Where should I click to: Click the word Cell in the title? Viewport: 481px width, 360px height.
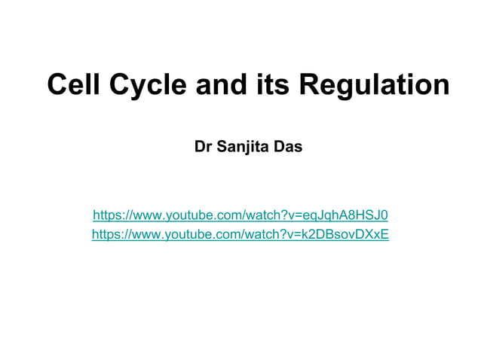pyautogui.click(x=74, y=84)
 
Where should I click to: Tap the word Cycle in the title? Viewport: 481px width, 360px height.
pyautogui.click(x=149, y=84)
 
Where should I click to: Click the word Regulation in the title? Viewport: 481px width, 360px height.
pyautogui.click(x=374, y=84)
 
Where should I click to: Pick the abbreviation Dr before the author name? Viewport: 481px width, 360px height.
pyautogui.click(x=203, y=146)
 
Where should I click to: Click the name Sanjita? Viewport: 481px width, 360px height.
pyautogui.click(x=245, y=146)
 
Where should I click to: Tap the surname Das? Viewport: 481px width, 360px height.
pyautogui.click(x=290, y=146)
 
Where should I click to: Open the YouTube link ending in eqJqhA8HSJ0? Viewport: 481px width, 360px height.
pyautogui.click(x=240, y=215)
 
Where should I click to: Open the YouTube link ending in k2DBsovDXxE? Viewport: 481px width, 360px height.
pyautogui.click(x=240, y=234)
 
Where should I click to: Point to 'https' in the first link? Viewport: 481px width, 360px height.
pyautogui.click(x=106, y=215)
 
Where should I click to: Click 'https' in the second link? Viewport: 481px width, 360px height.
pyautogui.click(x=106, y=234)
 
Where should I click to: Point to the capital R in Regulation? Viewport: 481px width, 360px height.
pyautogui.click(x=309, y=84)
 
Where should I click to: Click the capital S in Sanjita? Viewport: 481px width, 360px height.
pyautogui.click(x=222, y=146)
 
